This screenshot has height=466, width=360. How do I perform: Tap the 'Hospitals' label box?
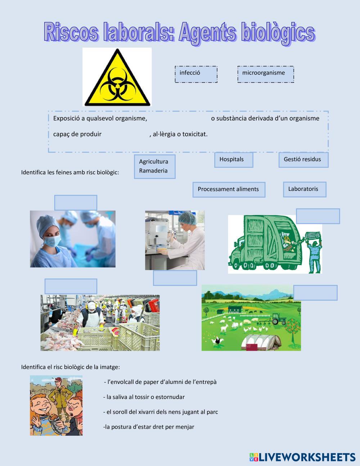pos(233,160)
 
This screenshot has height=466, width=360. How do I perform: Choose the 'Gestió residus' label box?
pos(303,160)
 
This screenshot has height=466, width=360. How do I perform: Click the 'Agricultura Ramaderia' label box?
pos(154,166)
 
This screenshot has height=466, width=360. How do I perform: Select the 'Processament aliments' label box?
pos(229,189)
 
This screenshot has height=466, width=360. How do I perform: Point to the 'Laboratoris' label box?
pos(304,189)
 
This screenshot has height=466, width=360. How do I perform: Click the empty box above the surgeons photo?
pos(76,202)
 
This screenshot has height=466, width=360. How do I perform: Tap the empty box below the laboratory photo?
pos(175,278)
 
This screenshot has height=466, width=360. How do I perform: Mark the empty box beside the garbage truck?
pos(318,216)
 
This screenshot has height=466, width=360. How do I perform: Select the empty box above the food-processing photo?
pos(71,286)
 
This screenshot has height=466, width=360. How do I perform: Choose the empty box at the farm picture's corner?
pos(315,292)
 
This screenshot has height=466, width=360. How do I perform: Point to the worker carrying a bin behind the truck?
pos(314,252)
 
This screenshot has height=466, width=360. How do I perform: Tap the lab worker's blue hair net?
pos(187,217)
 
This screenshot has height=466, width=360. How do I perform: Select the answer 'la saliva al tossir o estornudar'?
pos(144,397)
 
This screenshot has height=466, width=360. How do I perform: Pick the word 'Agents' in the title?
pos(207,33)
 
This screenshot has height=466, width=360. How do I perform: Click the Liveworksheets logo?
pos(302,457)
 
